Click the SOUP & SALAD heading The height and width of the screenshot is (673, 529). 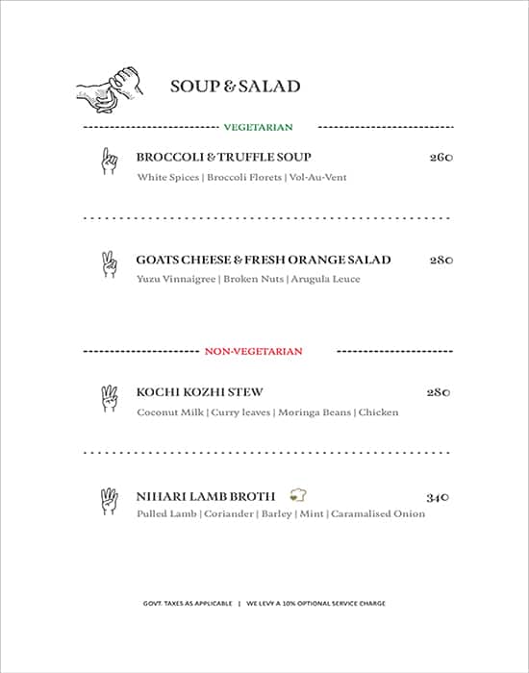(235, 87)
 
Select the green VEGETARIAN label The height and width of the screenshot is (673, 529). (258, 127)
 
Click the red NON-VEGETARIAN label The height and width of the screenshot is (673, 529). (253, 352)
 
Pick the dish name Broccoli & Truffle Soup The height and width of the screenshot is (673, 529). (223, 157)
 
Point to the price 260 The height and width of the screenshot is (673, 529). (441, 158)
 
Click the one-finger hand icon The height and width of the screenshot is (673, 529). (108, 161)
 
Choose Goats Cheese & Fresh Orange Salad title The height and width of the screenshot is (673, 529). (263, 260)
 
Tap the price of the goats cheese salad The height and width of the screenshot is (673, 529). (441, 261)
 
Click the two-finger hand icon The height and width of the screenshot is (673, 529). (109, 264)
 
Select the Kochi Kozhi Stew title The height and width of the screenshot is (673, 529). (199, 392)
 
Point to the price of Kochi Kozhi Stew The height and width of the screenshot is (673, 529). (439, 393)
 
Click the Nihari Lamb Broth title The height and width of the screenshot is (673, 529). (206, 496)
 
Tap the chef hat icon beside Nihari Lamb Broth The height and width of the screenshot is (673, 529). (298, 496)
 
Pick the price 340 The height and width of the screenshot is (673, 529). (439, 497)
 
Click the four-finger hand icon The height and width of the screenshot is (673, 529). (109, 501)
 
